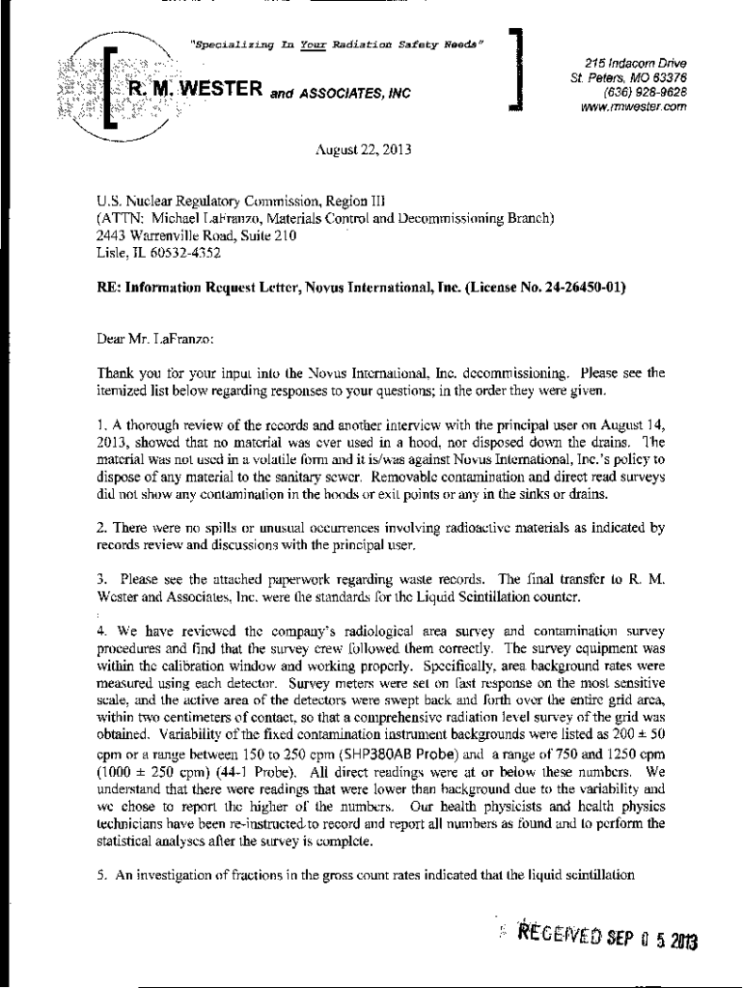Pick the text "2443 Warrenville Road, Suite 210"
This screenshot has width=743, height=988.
[x=196, y=235]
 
